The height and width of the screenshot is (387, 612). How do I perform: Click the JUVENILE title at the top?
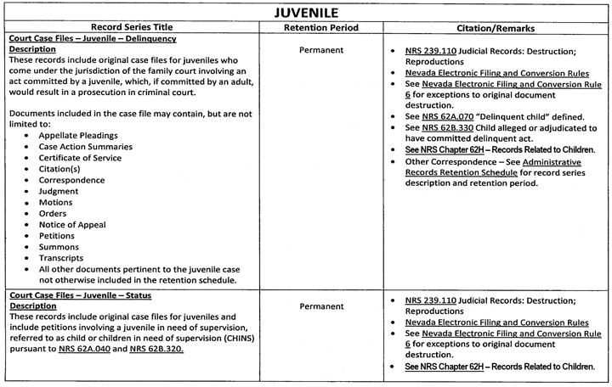coord(305,13)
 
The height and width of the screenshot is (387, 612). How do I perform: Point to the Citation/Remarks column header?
coord(495,28)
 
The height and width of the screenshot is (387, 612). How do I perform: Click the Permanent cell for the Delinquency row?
coord(321,50)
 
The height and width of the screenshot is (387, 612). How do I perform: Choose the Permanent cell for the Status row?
coord(321,306)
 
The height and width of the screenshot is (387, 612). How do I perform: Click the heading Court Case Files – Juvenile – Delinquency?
coord(91,39)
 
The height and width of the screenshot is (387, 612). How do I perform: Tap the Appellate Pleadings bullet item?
coord(78,135)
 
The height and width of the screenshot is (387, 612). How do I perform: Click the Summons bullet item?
coord(60,246)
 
